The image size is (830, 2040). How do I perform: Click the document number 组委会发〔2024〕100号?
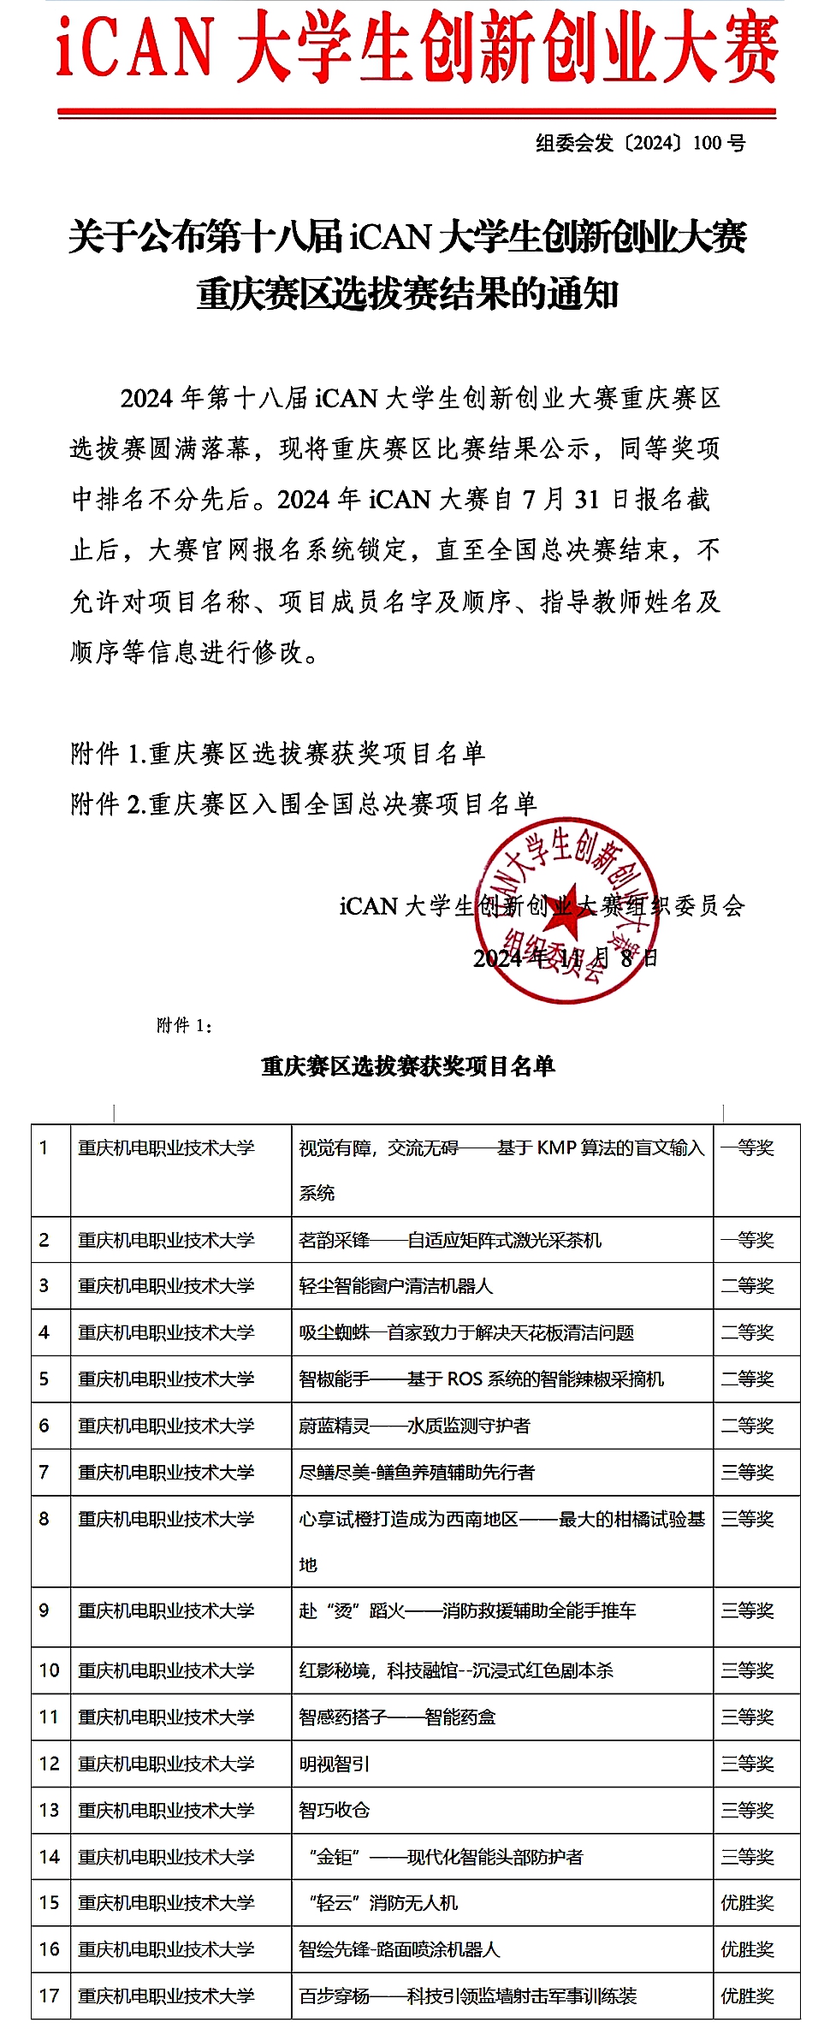(x=640, y=143)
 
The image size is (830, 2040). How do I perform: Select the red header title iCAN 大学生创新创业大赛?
(x=417, y=48)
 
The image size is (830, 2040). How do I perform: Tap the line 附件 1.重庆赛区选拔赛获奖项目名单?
(x=278, y=753)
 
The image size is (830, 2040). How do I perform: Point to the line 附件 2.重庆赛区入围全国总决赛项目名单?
(x=304, y=804)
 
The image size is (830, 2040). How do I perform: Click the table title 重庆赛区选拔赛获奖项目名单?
(x=408, y=1066)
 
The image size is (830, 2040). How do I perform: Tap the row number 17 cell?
(x=50, y=1996)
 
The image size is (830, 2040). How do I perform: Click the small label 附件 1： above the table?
(x=185, y=1025)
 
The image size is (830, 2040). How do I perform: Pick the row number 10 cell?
(x=50, y=1670)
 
